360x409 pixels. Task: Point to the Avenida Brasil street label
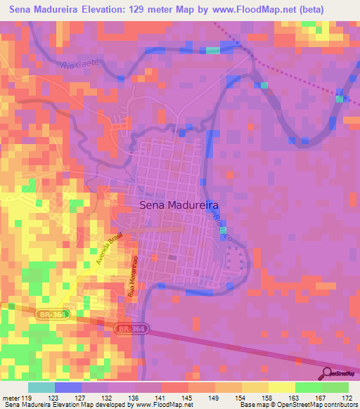(x=110, y=248)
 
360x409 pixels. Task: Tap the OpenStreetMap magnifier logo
(x=326, y=373)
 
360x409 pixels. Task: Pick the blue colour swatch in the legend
(x=68, y=387)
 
